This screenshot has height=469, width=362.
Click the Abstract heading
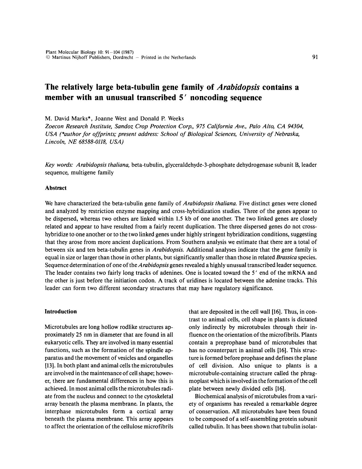pyautogui.click(x=56, y=188)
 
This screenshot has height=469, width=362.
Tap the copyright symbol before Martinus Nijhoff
pyautogui.click(x=47, y=57)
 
